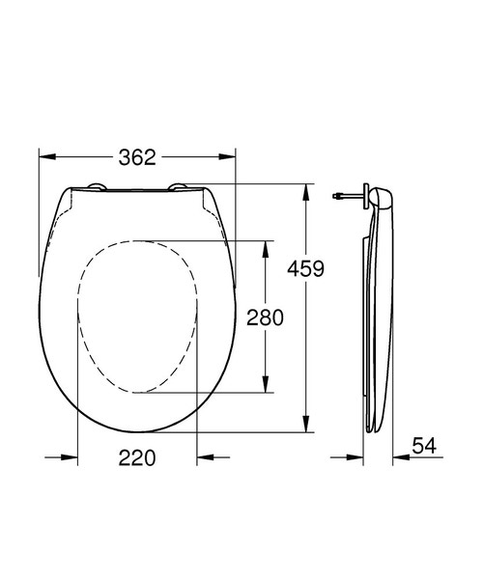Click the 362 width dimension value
[x=137, y=157]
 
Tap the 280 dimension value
[x=265, y=317]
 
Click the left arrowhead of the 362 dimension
[x=45, y=157]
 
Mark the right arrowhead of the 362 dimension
[x=229, y=157]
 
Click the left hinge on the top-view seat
[x=95, y=186]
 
